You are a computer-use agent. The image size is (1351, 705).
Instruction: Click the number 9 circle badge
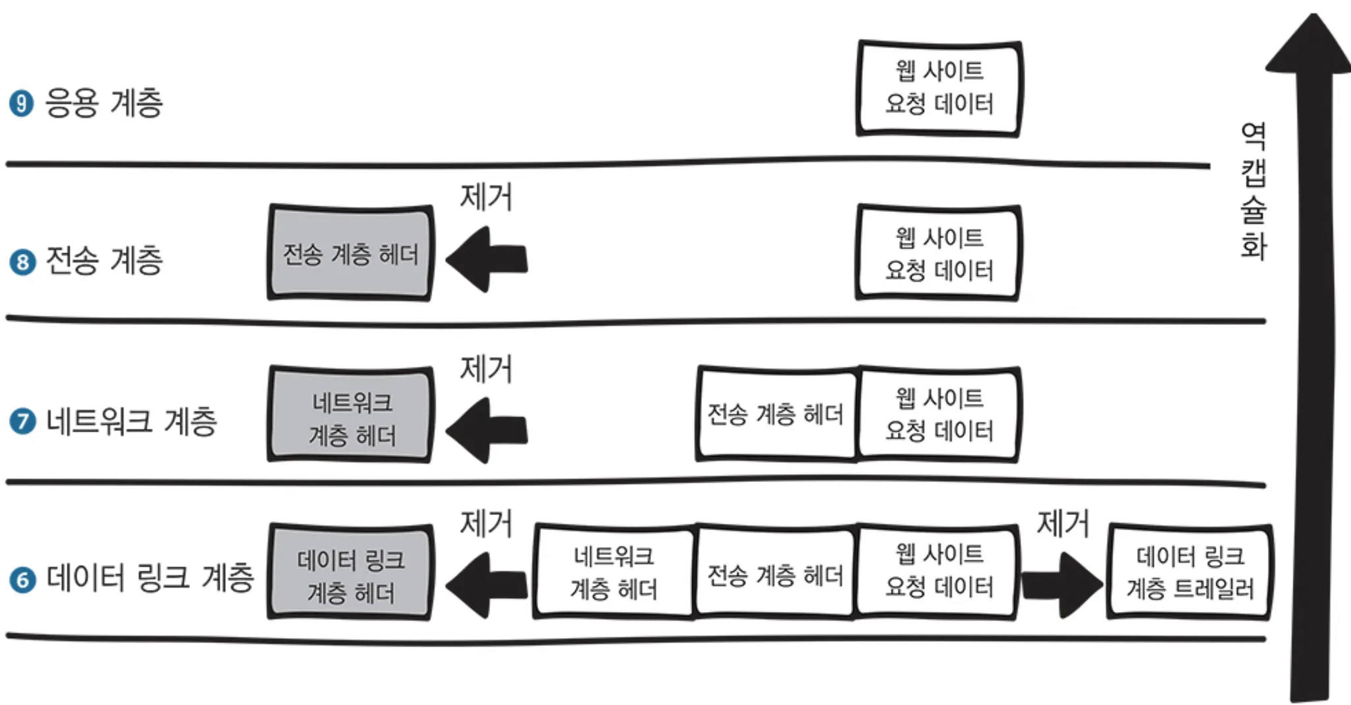[x=21, y=104]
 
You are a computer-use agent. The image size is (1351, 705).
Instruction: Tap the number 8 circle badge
[x=22, y=262]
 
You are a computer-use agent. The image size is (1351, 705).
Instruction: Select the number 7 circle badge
[x=22, y=421]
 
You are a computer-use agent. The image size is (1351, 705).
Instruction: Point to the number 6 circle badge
[x=22, y=580]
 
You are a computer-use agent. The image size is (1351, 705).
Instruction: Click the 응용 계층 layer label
[x=104, y=103]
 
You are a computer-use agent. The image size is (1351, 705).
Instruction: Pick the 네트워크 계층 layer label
[x=131, y=421]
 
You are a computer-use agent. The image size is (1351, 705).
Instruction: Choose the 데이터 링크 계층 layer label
[x=150, y=578]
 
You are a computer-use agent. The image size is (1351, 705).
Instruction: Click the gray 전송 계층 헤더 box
[x=350, y=253]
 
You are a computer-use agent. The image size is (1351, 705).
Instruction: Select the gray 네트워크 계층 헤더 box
[x=350, y=415]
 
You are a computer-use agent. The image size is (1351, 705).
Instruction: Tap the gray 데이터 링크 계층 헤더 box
[x=350, y=573]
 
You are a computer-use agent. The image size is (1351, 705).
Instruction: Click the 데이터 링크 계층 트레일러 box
[x=1189, y=572]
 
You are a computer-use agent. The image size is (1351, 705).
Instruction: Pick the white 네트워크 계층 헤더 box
[x=613, y=572]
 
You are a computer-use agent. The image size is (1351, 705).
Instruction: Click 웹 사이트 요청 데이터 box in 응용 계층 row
[x=938, y=88]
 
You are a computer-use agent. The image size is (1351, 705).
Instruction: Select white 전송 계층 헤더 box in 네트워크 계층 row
[x=776, y=414]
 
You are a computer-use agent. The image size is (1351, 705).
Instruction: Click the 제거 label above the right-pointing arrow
[x=1062, y=523]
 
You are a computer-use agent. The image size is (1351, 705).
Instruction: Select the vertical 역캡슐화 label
[x=1253, y=191]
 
